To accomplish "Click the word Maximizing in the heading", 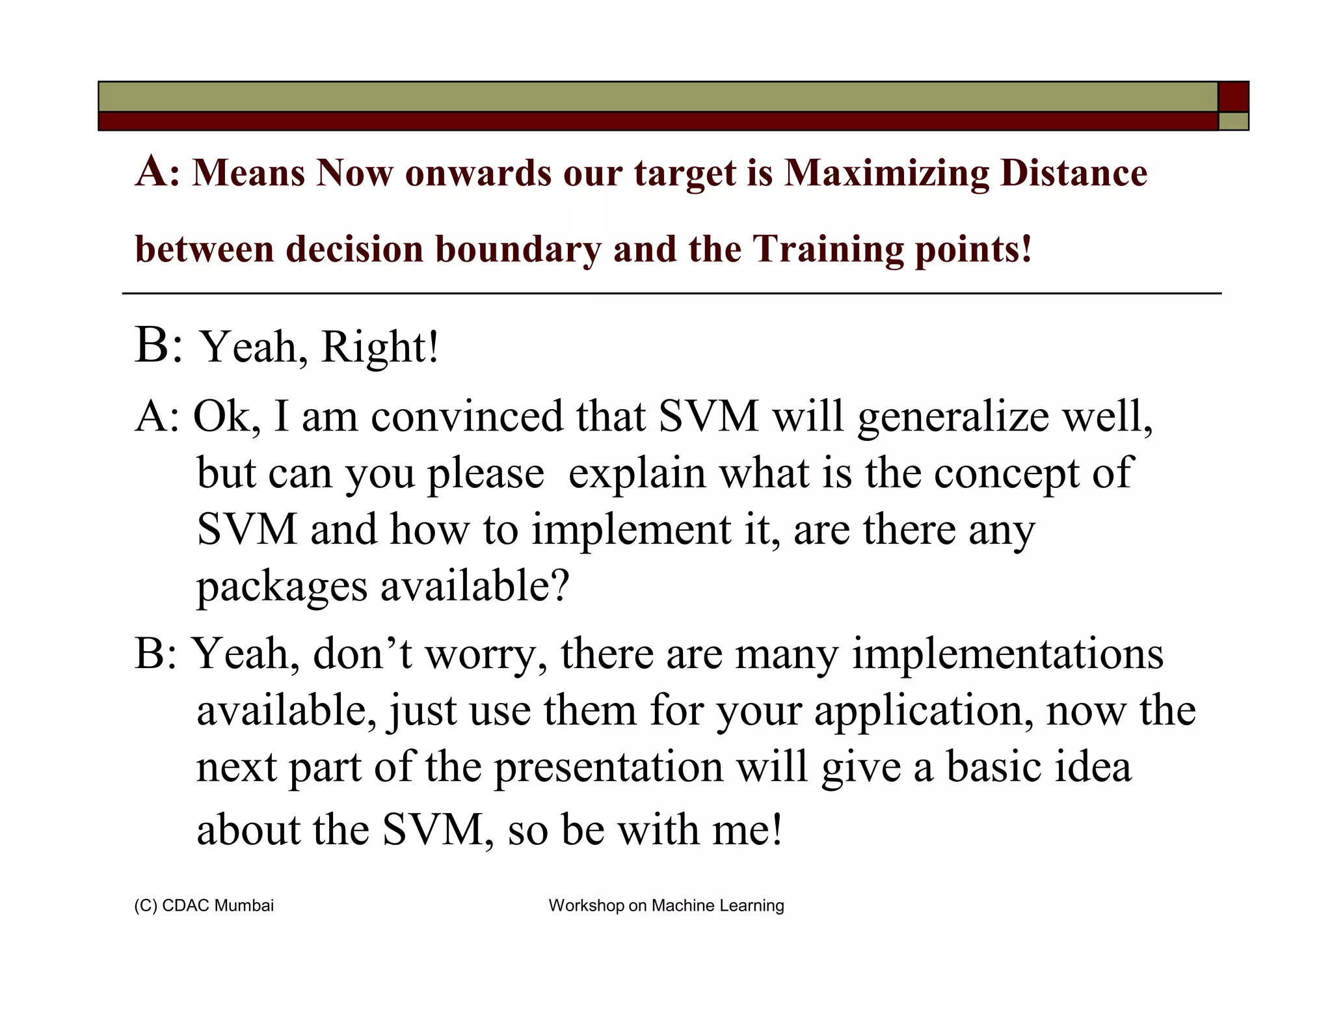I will click(x=886, y=174).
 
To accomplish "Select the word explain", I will click(x=637, y=474).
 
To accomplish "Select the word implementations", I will click(x=1007, y=654).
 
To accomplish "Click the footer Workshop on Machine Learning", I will click(x=666, y=905).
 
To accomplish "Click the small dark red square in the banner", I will click(x=1233, y=97).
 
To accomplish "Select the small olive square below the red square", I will click(x=1233, y=122).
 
